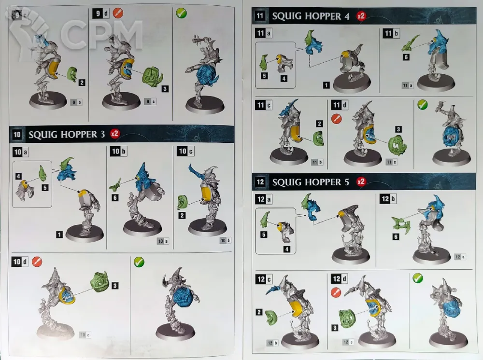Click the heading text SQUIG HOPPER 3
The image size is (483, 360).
coord(67,135)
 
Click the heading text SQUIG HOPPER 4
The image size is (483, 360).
coord(311,16)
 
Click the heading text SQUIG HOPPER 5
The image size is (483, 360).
coord(311,182)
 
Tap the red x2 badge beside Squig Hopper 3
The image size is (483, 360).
coord(115,134)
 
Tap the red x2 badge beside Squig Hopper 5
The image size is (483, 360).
coord(361,181)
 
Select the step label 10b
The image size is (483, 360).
coord(119,151)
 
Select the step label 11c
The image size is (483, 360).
coord(264,105)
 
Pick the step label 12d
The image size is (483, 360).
coord(340,279)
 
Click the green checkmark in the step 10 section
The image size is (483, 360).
coord(139,262)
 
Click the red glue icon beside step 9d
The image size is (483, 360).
coord(118,13)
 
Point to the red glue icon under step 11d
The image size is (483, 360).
coord(336,119)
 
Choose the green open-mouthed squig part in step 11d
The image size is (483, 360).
coord(398,145)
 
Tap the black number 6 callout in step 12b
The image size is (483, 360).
coord(396,236)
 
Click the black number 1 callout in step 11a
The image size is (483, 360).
coord(326,85)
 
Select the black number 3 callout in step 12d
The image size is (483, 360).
coord(335,328)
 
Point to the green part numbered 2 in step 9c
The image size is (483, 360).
coord(72,74)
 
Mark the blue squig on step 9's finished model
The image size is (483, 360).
coord(207,75)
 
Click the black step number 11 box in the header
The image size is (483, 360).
coord(260,16)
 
